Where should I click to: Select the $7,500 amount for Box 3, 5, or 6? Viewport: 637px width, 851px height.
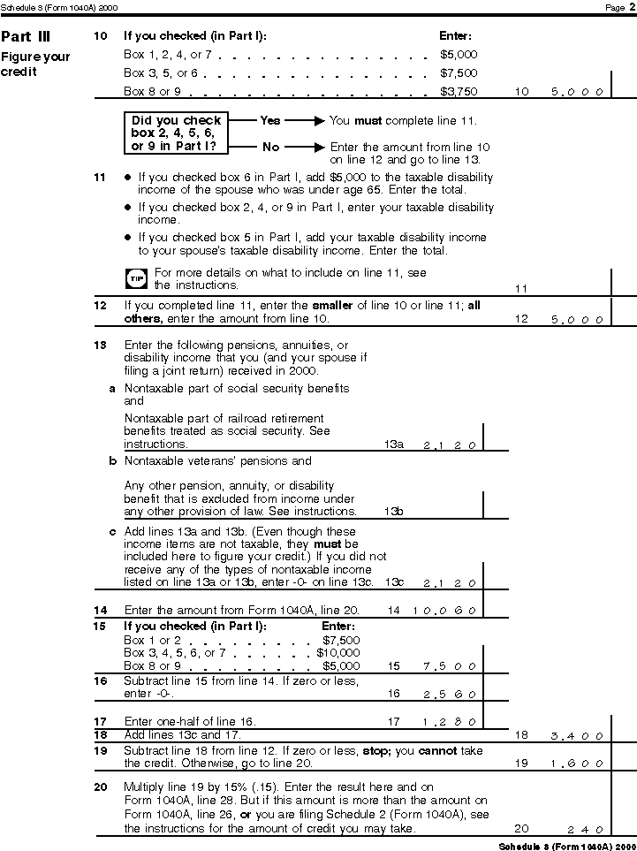tap(459, 72)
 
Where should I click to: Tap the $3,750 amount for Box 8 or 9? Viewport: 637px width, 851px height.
tap(459, 91)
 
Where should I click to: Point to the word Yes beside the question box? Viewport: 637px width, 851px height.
tap(269, 119)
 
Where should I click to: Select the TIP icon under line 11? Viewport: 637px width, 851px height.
tap(136, 278)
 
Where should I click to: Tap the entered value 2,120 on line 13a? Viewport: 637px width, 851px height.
tap(450, 444)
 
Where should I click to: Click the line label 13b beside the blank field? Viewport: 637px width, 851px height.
tap(394, 512)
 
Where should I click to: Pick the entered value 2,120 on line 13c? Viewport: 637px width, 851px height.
tap(450, 583)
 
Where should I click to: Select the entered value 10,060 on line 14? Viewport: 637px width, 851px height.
tap(444, 611)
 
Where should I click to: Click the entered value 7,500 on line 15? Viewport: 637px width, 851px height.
tap(450, 666)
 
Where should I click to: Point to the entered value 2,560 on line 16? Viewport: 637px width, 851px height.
tap(450, 694)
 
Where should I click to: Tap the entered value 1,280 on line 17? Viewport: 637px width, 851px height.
tap(450, 722)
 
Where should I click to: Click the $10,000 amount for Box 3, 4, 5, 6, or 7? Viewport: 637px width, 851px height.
tap(338, 653)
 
